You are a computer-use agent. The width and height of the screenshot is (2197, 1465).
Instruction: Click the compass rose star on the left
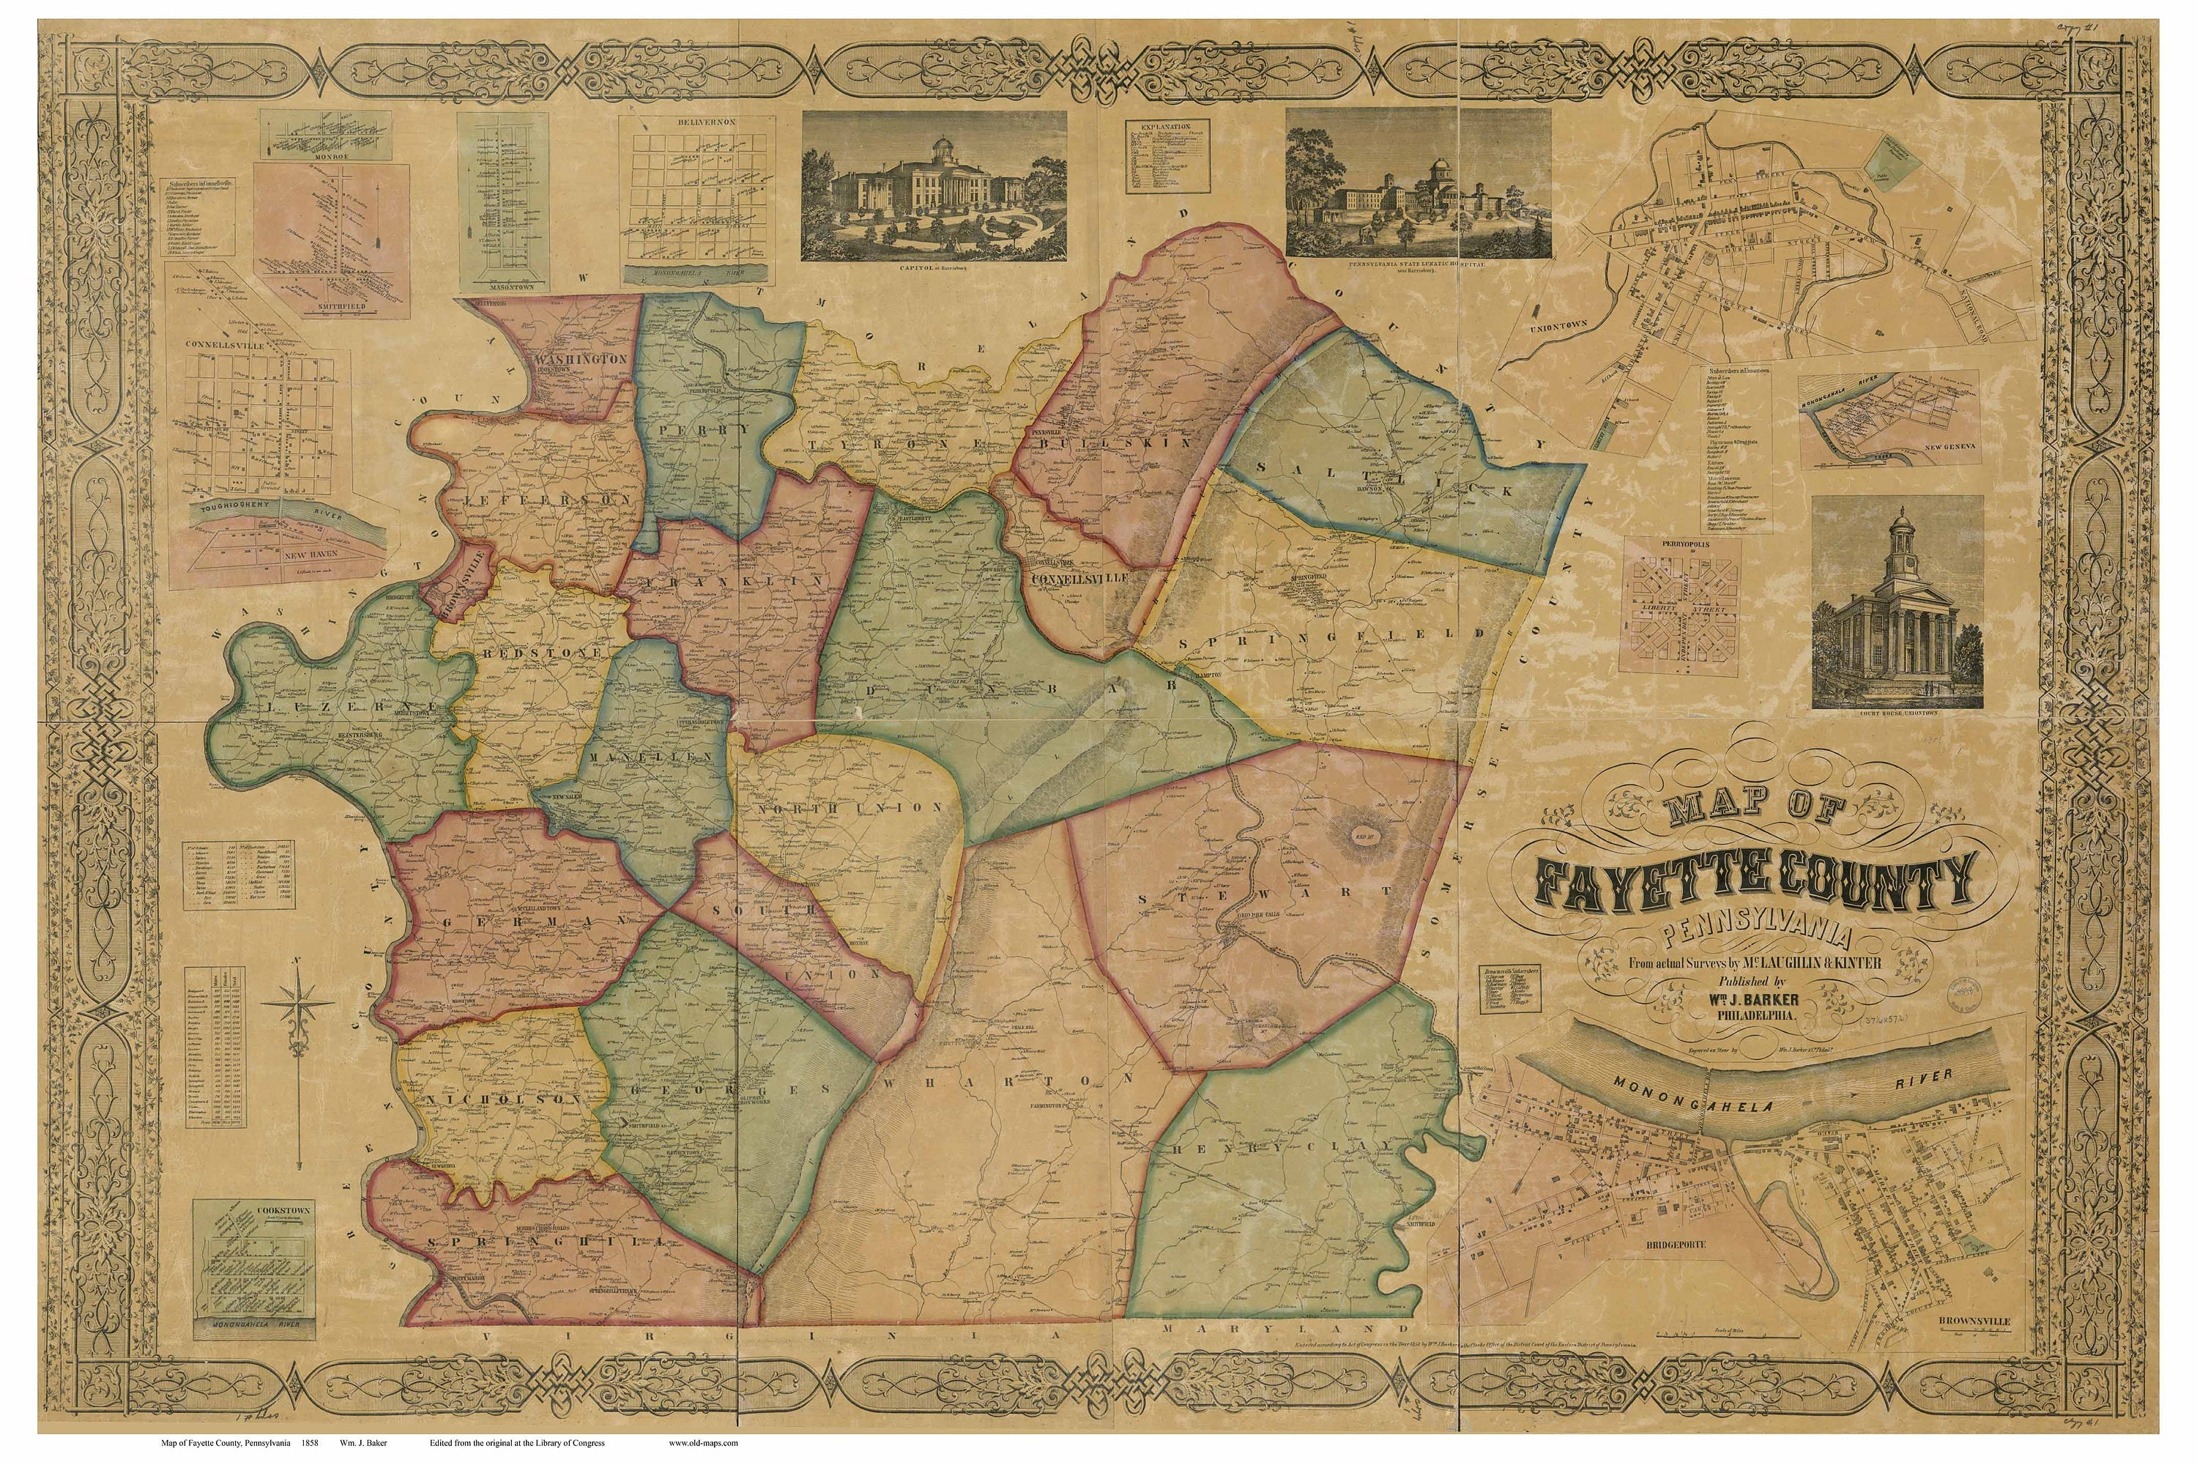point(298,1004)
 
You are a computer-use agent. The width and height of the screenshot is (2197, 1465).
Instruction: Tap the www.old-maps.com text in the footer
point(702,1442)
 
